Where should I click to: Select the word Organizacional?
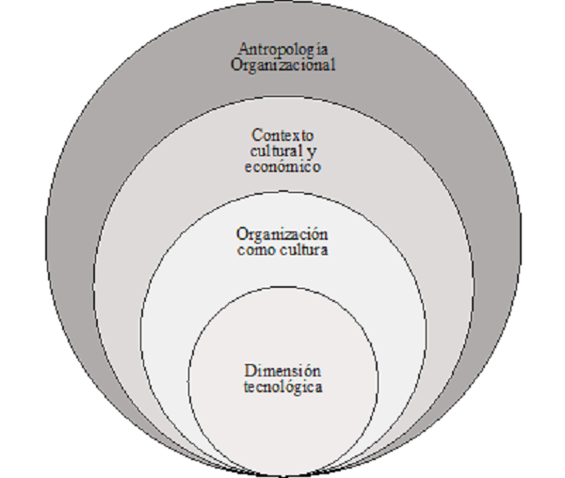(x=283, y=66)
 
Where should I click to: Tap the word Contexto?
(x=283, y=136)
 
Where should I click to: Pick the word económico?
(x=283, y=167)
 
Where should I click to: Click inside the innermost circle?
(x=283, y=414)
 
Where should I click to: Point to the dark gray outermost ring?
(x=113, y=188)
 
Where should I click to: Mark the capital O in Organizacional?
(x=235, y=66)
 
